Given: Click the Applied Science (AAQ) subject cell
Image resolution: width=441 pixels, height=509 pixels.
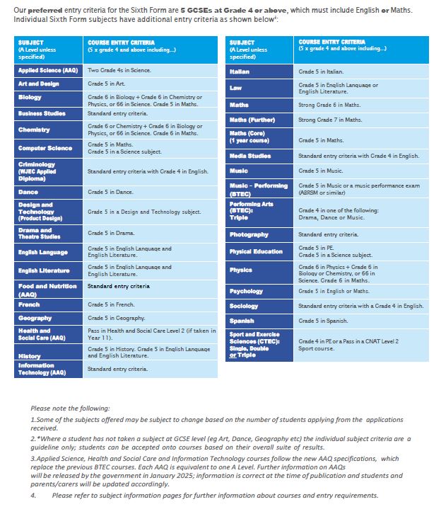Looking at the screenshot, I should coord(48,71).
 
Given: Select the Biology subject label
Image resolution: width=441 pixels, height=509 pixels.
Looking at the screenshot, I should coord(48,97).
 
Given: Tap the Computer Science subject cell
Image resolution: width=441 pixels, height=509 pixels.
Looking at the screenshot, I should coord(48,148).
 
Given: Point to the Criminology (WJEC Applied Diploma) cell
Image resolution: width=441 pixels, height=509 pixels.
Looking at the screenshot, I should coord(48,171).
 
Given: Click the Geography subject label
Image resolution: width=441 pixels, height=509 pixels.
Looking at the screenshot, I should coord(48,318).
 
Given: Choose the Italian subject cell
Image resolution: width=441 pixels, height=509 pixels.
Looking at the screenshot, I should coord(259,72).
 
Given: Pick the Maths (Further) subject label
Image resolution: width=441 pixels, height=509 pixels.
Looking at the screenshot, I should coord(259,120).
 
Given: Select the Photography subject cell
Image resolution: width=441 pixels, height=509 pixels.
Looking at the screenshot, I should coord(259,234).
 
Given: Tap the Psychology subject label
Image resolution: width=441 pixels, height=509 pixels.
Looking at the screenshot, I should coord(259,291).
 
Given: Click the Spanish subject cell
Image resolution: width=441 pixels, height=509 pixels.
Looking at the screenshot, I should coord(259,321).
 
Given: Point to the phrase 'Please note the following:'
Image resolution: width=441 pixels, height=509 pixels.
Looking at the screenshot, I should coord(70,408).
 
